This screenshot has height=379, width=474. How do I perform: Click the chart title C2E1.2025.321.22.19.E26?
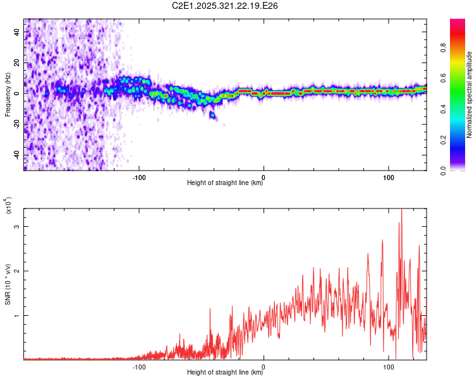point(226,6)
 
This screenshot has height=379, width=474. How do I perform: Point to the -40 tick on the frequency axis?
point(18,155)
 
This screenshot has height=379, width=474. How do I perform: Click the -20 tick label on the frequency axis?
point(18,124)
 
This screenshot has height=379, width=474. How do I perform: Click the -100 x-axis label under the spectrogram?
point(139,176)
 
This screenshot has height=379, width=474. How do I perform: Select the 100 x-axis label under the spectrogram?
point(388,176)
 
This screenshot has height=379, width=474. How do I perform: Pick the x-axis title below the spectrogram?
point(226,183)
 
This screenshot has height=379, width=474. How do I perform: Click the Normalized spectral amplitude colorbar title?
point(470,95)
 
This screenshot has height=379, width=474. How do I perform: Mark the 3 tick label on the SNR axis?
point(18,226)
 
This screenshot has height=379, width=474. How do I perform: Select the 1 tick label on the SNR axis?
point(18,315)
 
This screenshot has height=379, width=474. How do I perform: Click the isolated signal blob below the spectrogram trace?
point(212,115)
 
